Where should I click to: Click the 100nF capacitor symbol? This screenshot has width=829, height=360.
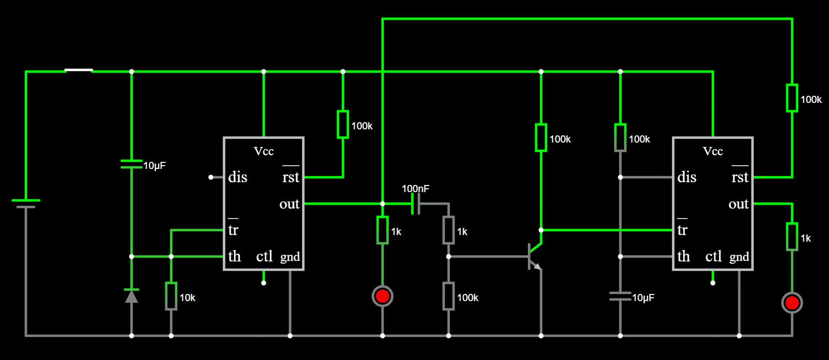(x=416, y=204)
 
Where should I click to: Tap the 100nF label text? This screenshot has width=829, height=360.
(x=416, y=189)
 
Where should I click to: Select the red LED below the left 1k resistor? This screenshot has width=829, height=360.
(x=383, y=296)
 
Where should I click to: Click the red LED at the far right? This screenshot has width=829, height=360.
(x=792, y=303)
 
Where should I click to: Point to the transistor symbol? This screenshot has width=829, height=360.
(x=535, y=256)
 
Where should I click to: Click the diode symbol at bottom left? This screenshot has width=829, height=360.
(x=132, y=296)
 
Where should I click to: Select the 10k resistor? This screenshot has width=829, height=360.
(x=171, y=296)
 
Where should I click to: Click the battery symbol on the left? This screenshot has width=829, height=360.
(x=26, y=204)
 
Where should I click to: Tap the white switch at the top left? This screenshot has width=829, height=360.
(x=79, y=70)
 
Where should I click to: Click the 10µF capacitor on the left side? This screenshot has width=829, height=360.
(x=132, y=164)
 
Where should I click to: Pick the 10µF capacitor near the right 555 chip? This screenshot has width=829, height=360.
(x=620, y=296)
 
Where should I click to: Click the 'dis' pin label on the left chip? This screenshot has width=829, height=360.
(x=238, y=177)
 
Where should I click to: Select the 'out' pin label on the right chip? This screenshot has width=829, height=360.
(x=738, y=204)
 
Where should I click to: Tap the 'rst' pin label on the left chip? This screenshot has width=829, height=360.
(x=291, y=177)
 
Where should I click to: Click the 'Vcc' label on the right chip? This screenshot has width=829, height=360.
(x=713, y=151)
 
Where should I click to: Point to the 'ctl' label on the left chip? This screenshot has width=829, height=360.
(x=264, y=256)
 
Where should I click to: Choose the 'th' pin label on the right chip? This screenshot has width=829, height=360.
(x=684, y=256)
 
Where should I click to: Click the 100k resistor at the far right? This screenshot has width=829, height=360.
(x=792, y=97)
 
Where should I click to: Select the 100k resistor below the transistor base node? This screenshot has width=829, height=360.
(x=449, y=296)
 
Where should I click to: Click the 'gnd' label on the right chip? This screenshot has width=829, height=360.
(x=739, y=257)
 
